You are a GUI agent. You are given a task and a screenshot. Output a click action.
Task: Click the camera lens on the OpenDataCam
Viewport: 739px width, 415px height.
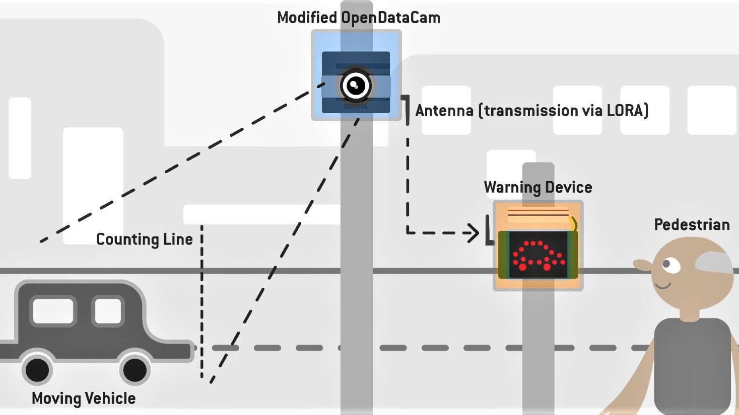tap(356, 85)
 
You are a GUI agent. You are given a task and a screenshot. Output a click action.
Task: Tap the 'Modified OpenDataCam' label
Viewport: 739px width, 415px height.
tap(359, 18)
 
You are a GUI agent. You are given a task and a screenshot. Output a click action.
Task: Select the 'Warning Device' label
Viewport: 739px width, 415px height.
tap(538, 188)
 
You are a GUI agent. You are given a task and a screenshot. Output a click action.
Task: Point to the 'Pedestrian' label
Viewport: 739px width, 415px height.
tap(692, 225)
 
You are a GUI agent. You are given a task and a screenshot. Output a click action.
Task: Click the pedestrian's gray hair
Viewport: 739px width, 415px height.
tap(715, 262)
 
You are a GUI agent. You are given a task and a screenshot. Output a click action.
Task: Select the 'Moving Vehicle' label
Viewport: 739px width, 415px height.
tap(84, 398)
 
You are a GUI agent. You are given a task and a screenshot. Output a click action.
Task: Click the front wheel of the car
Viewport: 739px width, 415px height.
tap(135, 370)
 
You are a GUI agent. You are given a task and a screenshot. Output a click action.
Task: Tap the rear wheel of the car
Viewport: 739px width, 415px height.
tap(37, 370)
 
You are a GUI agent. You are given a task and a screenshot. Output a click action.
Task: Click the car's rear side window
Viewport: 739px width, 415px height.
tap(53, 310)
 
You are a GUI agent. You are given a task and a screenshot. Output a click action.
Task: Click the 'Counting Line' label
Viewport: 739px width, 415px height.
tap(144, 239)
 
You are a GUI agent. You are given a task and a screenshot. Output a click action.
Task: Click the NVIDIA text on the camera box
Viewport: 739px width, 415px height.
tap(356, 107)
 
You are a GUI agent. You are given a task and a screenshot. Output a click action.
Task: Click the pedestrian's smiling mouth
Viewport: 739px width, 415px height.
tap(662, 286)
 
